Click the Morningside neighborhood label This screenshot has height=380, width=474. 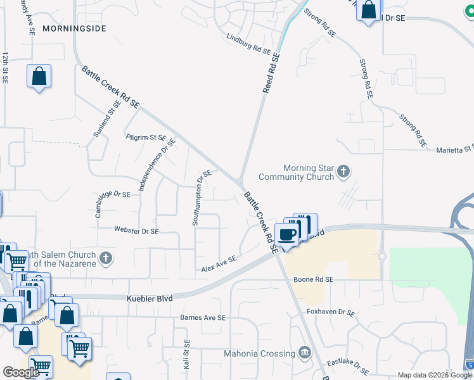pos(74,29)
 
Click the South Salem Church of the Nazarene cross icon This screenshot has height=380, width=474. pos(106,258)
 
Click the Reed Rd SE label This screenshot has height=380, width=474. pos(271,74)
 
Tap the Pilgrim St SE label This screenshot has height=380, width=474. pos(146,137)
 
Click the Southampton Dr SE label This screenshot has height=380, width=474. pos(202,198)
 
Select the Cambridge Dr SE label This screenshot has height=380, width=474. pos(113,203)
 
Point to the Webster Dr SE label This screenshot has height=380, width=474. pos(136,231)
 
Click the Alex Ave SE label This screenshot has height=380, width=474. pos(219,263)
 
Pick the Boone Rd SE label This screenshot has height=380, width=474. pos(313,279)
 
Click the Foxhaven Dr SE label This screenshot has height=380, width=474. pos(331,312)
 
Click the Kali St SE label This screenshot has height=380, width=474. pos(187,355)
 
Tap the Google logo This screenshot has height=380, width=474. pos(21,372)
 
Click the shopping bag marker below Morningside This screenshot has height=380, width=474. pos(39,77)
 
